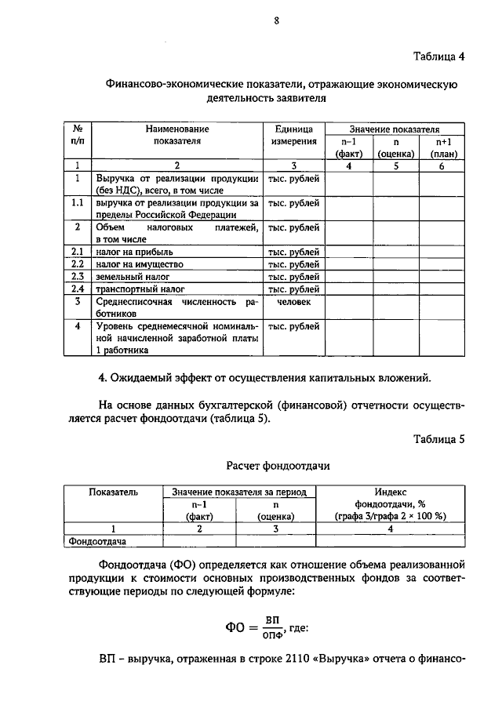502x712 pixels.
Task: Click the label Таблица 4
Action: pyautogui.click(x=439, y=56)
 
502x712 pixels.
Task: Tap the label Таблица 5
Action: pyautogui.click(x=439, y=439)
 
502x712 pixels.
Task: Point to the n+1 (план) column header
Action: pyautogui.click(x=442, y=147)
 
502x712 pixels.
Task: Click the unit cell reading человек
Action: pyautogui.click(x=294, y=302)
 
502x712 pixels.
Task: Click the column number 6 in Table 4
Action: pyautogui.click(x=442, y=165)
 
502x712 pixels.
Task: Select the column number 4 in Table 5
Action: pyautogui.click(x=389, y=529)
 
